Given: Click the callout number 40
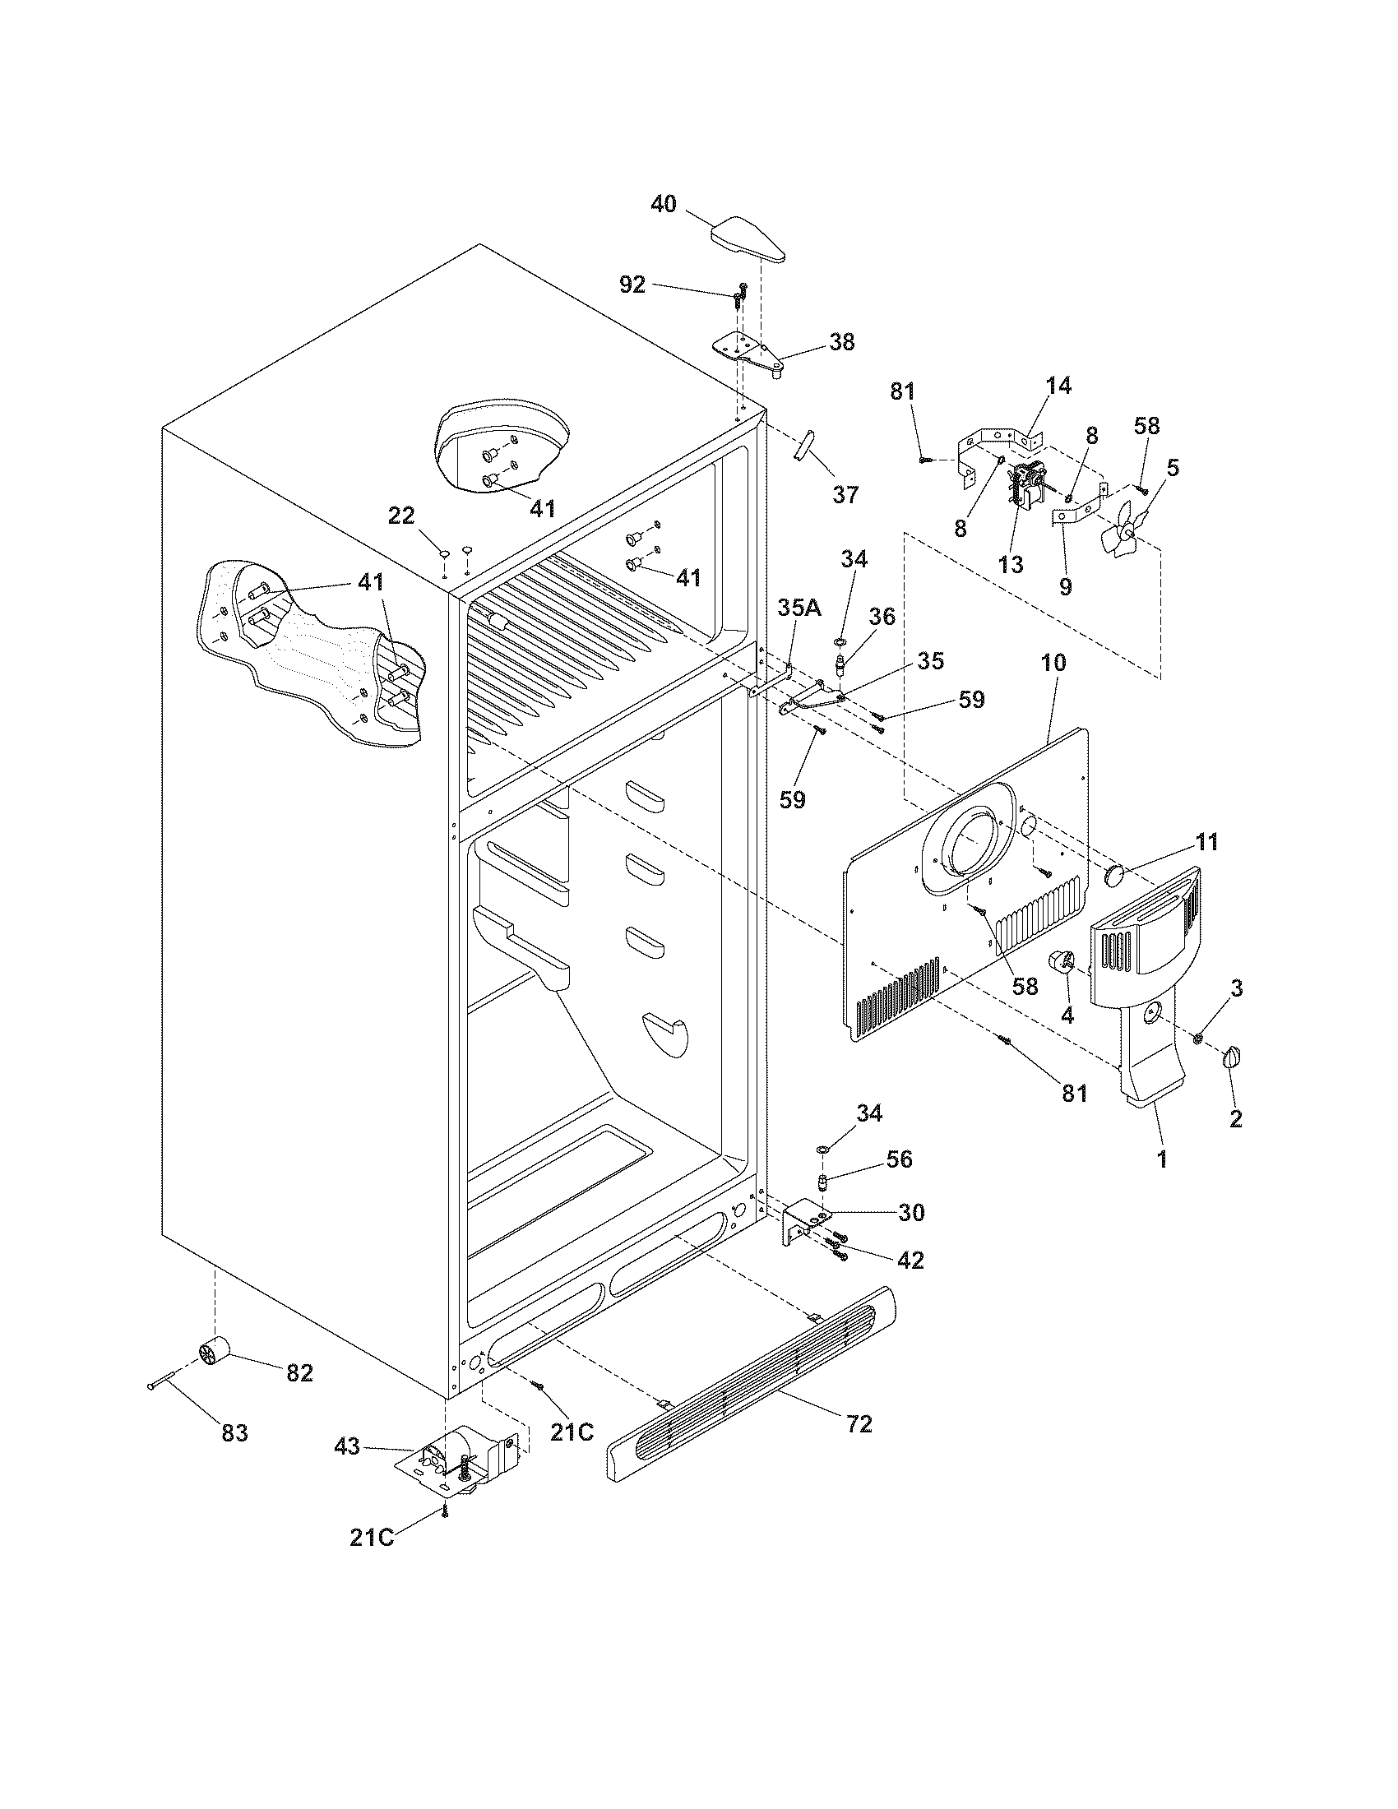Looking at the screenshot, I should [663, 204].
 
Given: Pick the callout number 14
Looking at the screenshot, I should [1058, 385].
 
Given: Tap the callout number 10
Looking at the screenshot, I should [1054, 663].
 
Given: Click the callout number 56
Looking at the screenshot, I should [899, 1159].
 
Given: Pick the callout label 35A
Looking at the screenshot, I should [799, 608].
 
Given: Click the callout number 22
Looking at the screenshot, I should [401, 516].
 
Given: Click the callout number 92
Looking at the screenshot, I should [632, 285].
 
